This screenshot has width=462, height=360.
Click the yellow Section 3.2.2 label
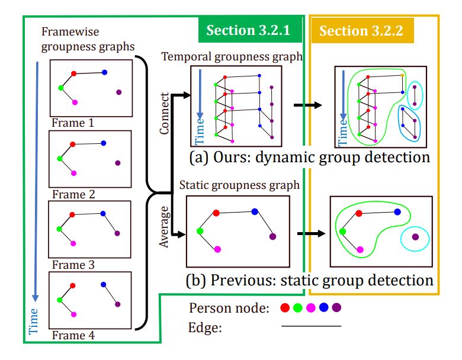361,31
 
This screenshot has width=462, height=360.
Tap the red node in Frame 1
74,74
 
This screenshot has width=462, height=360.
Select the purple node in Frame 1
119,92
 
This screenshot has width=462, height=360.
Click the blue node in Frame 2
104,143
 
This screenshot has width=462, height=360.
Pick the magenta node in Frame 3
73,243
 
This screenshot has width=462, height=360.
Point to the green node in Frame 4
60,300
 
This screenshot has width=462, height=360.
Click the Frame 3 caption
73,265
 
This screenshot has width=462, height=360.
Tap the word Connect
165,112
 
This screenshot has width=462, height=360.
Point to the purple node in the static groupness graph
272,236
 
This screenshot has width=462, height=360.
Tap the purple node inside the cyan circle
416,237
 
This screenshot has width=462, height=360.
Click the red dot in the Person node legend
284,308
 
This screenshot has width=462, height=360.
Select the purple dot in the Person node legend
337,308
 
